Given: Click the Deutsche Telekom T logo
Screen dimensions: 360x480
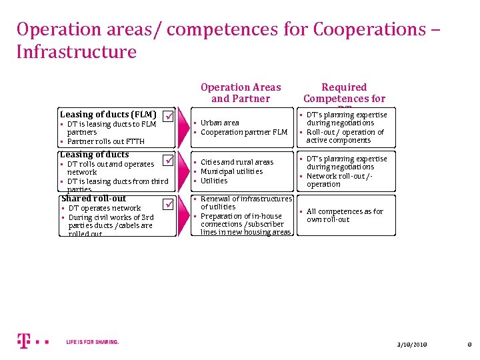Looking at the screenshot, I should point(23,341).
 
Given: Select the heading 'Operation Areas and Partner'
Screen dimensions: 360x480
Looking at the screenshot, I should point(241,93).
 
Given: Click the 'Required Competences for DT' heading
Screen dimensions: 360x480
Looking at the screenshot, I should point(344,93).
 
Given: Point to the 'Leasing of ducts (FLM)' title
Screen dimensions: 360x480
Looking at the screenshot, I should point(108,114).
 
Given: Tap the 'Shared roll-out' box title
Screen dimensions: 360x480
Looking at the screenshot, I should point(93,198).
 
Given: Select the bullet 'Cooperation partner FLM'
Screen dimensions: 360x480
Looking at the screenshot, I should point(243,132).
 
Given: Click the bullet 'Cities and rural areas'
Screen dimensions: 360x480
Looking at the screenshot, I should point(237,162).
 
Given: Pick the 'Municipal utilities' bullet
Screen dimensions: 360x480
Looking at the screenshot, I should point(231,171).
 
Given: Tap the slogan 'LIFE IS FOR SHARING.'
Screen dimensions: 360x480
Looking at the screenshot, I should point(93,342).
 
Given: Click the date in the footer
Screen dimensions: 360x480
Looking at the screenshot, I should point(411,344).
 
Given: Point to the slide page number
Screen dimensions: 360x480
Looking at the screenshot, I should point(469,344).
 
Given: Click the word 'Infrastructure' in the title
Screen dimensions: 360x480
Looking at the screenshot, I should point(76,52).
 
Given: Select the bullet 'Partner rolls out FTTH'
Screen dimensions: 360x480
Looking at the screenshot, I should point(105,141).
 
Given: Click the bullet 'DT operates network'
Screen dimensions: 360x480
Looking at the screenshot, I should point(105,208).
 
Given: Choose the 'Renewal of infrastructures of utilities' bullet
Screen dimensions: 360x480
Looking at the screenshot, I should point(245,203).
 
